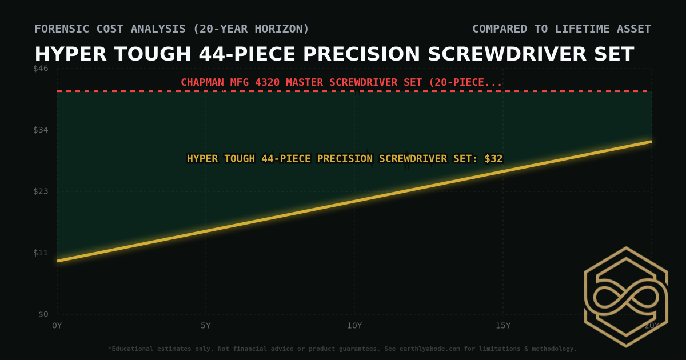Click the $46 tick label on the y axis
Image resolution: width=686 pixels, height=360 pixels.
pos(41,69)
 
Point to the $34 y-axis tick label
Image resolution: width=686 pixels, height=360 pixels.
pos(41,130)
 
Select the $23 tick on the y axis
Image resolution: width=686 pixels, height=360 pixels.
pos(41,191)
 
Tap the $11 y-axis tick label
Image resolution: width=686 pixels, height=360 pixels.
pos(41,253)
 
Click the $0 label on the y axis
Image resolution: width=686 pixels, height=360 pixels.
pos(43,314)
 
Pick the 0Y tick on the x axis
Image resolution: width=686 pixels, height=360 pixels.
pos(57,326)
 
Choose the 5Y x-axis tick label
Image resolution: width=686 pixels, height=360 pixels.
pos(206,326)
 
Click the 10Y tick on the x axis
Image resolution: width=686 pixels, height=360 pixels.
pos(354,326)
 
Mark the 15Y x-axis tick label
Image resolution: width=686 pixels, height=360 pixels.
pos(503,326)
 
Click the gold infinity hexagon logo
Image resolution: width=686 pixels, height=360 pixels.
pos(625,297)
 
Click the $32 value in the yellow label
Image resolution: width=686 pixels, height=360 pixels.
pos(493,159)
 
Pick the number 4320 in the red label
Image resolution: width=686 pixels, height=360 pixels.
pos(266,82)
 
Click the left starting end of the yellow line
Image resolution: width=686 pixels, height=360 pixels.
pos(58,261)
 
